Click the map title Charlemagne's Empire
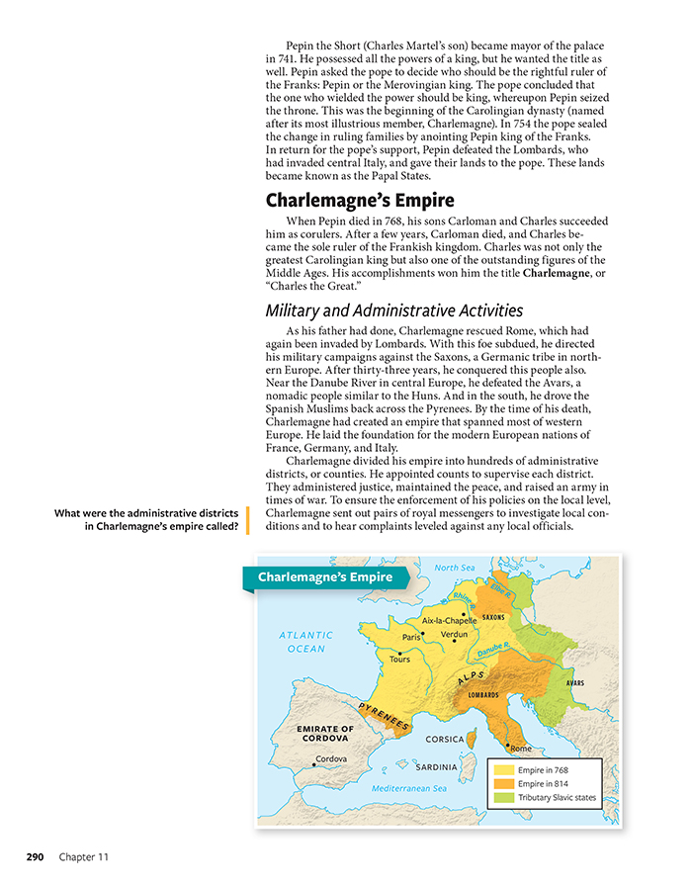point(325,577)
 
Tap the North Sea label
point(455,568)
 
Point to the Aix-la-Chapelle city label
point(449,620)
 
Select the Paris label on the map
point(412,638)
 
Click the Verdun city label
point(454,633)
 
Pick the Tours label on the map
point(399,659)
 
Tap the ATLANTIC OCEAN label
point(305,642)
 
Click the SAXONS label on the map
point(493,617)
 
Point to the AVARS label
point(576,683)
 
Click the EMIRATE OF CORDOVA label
point(324,734)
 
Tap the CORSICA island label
point(445,739)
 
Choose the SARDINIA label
point(436,766)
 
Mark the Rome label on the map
point(521,749)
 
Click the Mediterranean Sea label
point(409,788)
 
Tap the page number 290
point(36,856)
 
